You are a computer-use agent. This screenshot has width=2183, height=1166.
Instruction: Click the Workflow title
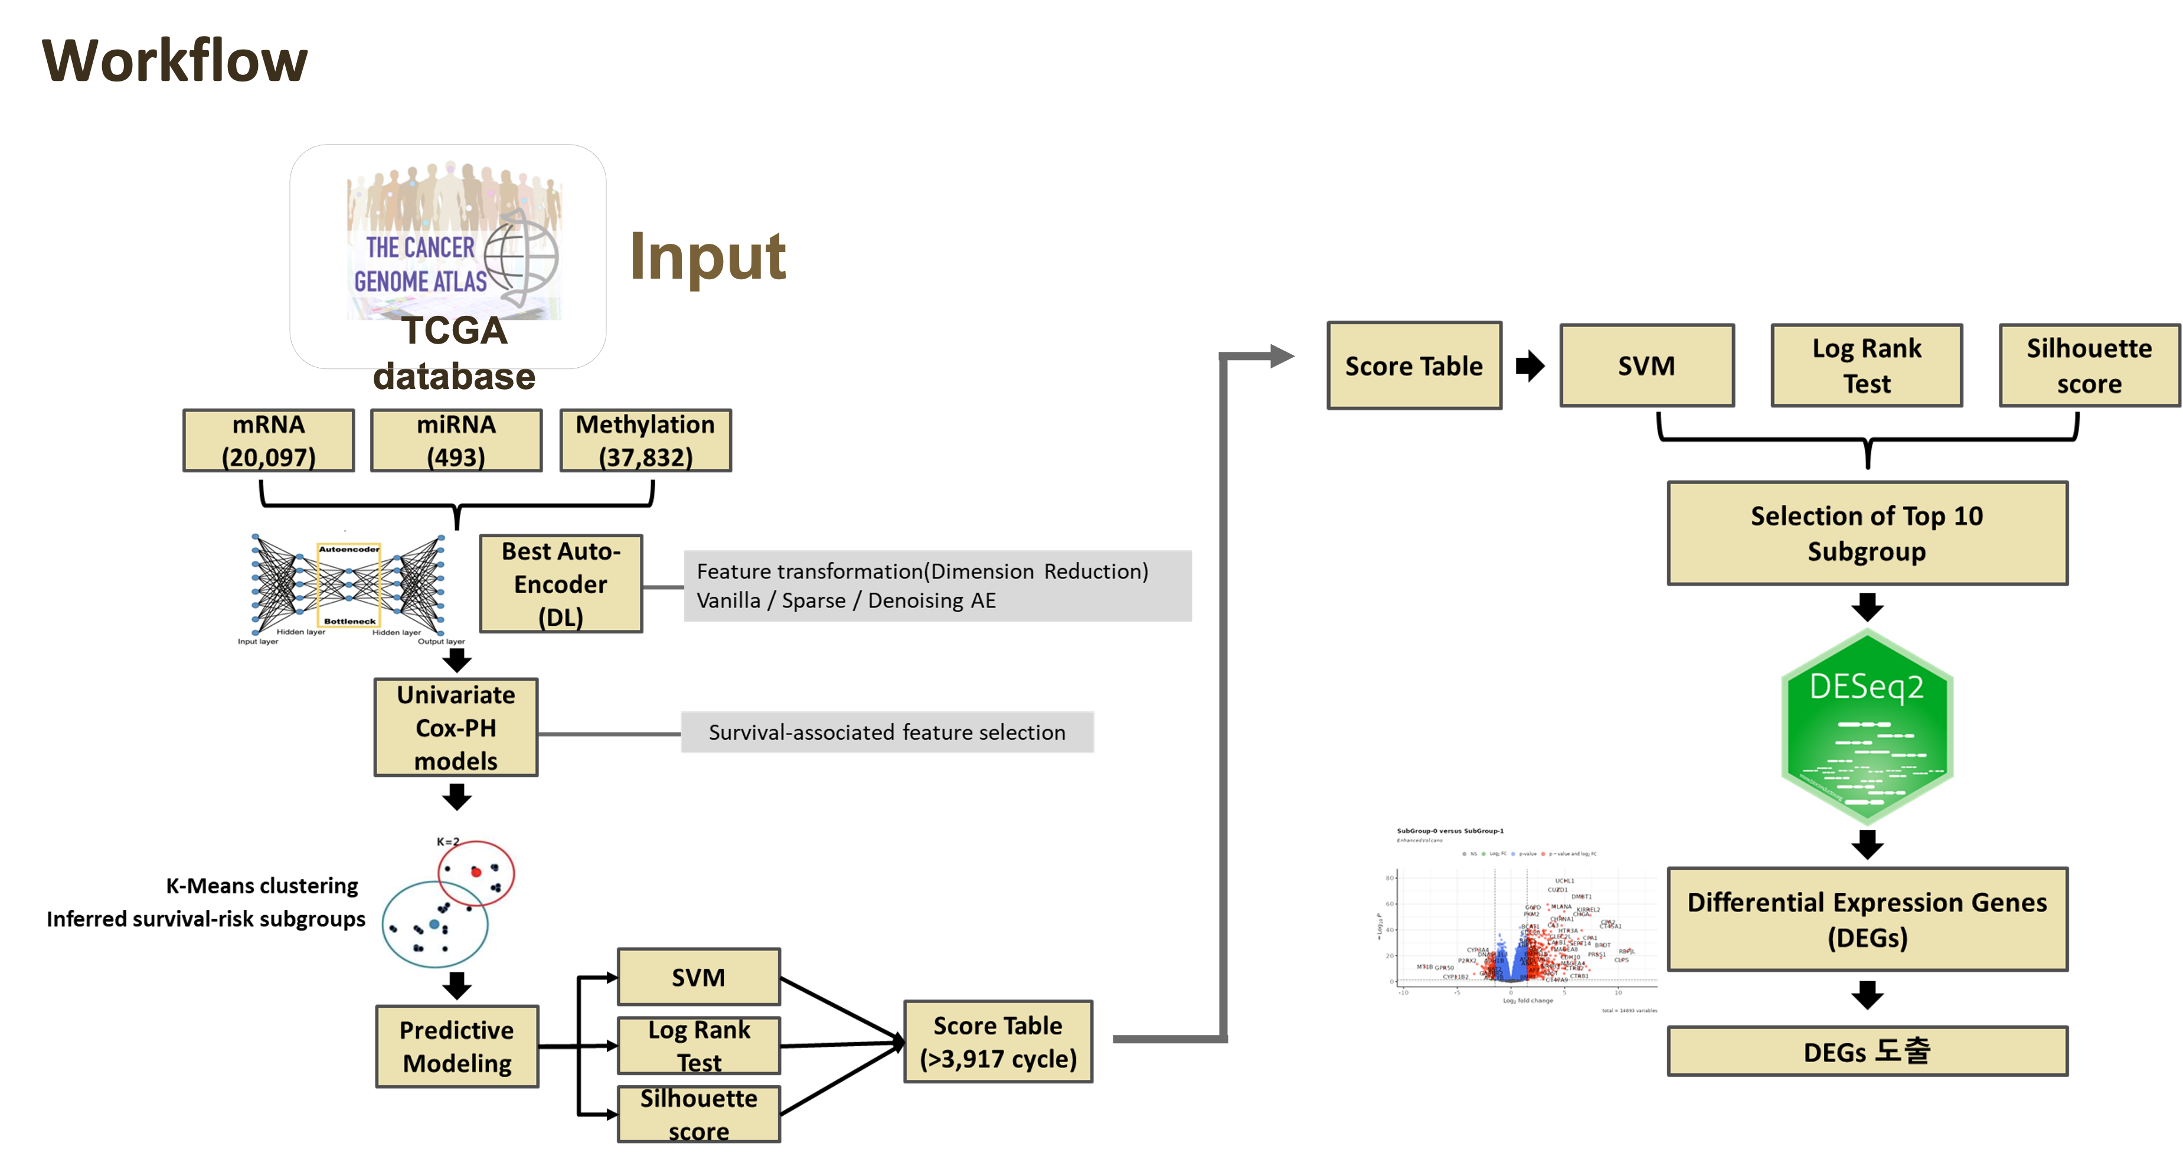tap(175, 61)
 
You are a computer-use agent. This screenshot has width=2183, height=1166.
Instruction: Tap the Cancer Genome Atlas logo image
tap(454, 240)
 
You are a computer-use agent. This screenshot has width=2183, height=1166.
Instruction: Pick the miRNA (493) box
tap(456, 440)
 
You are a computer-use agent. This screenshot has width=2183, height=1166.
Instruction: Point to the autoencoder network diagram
tap(352, 590)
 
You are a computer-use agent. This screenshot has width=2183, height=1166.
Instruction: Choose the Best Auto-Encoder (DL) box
tap(561, 584)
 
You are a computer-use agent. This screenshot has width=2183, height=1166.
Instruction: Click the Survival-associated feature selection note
tap(887, 732)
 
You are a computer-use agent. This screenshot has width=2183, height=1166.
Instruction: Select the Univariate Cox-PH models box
tap(456, 728)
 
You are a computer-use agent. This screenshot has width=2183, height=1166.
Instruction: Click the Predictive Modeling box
tap(457, 1047)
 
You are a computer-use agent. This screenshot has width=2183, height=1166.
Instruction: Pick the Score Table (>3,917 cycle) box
tap(998, 1041)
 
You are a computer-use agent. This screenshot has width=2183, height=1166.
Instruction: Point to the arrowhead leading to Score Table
tap(1282, 356)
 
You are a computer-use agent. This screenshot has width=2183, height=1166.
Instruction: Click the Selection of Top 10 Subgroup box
tap(1867, 533)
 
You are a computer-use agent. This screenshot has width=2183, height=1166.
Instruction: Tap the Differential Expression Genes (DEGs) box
tap(1867, 919)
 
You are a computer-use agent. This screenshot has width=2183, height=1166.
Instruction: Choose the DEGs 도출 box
tap(1867, 1051)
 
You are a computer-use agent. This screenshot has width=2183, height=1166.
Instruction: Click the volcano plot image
tap(1517, 921)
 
